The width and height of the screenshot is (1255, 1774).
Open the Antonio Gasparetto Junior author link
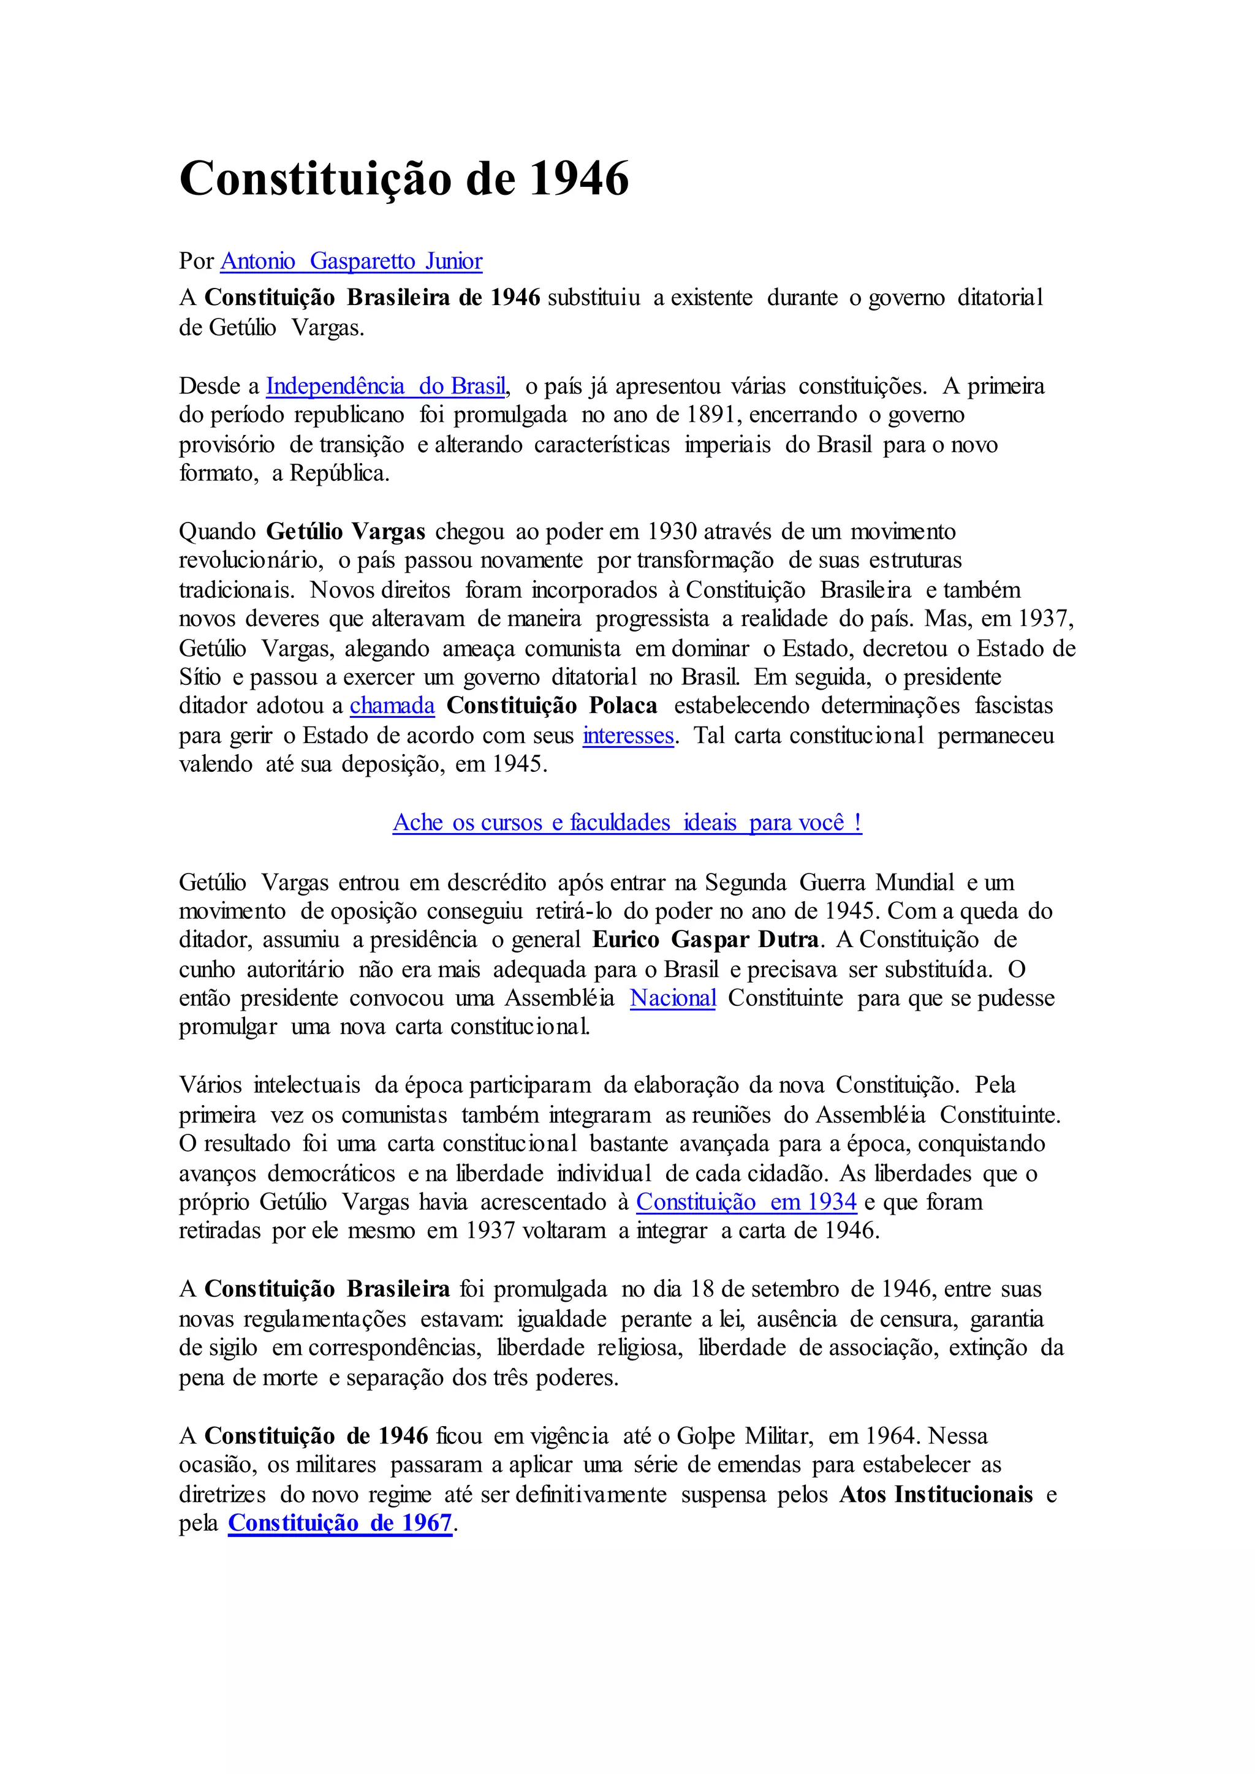(352, 261)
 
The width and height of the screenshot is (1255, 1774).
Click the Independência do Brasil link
(385, 385)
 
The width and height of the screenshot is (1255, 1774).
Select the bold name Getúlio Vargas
(346, 532)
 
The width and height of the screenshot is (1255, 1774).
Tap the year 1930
(672, 532)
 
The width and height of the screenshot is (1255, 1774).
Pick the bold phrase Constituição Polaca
(552, 706)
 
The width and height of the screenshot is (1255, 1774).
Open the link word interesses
(627, 735)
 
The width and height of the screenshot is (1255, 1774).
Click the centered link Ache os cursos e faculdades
(627, 822)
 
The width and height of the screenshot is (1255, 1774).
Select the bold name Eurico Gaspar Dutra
(705, 940)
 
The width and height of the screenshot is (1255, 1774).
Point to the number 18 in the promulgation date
(701, 1289)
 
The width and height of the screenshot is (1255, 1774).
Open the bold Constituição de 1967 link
(339, 1523)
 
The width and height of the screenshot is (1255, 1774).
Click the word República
(339, 474)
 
